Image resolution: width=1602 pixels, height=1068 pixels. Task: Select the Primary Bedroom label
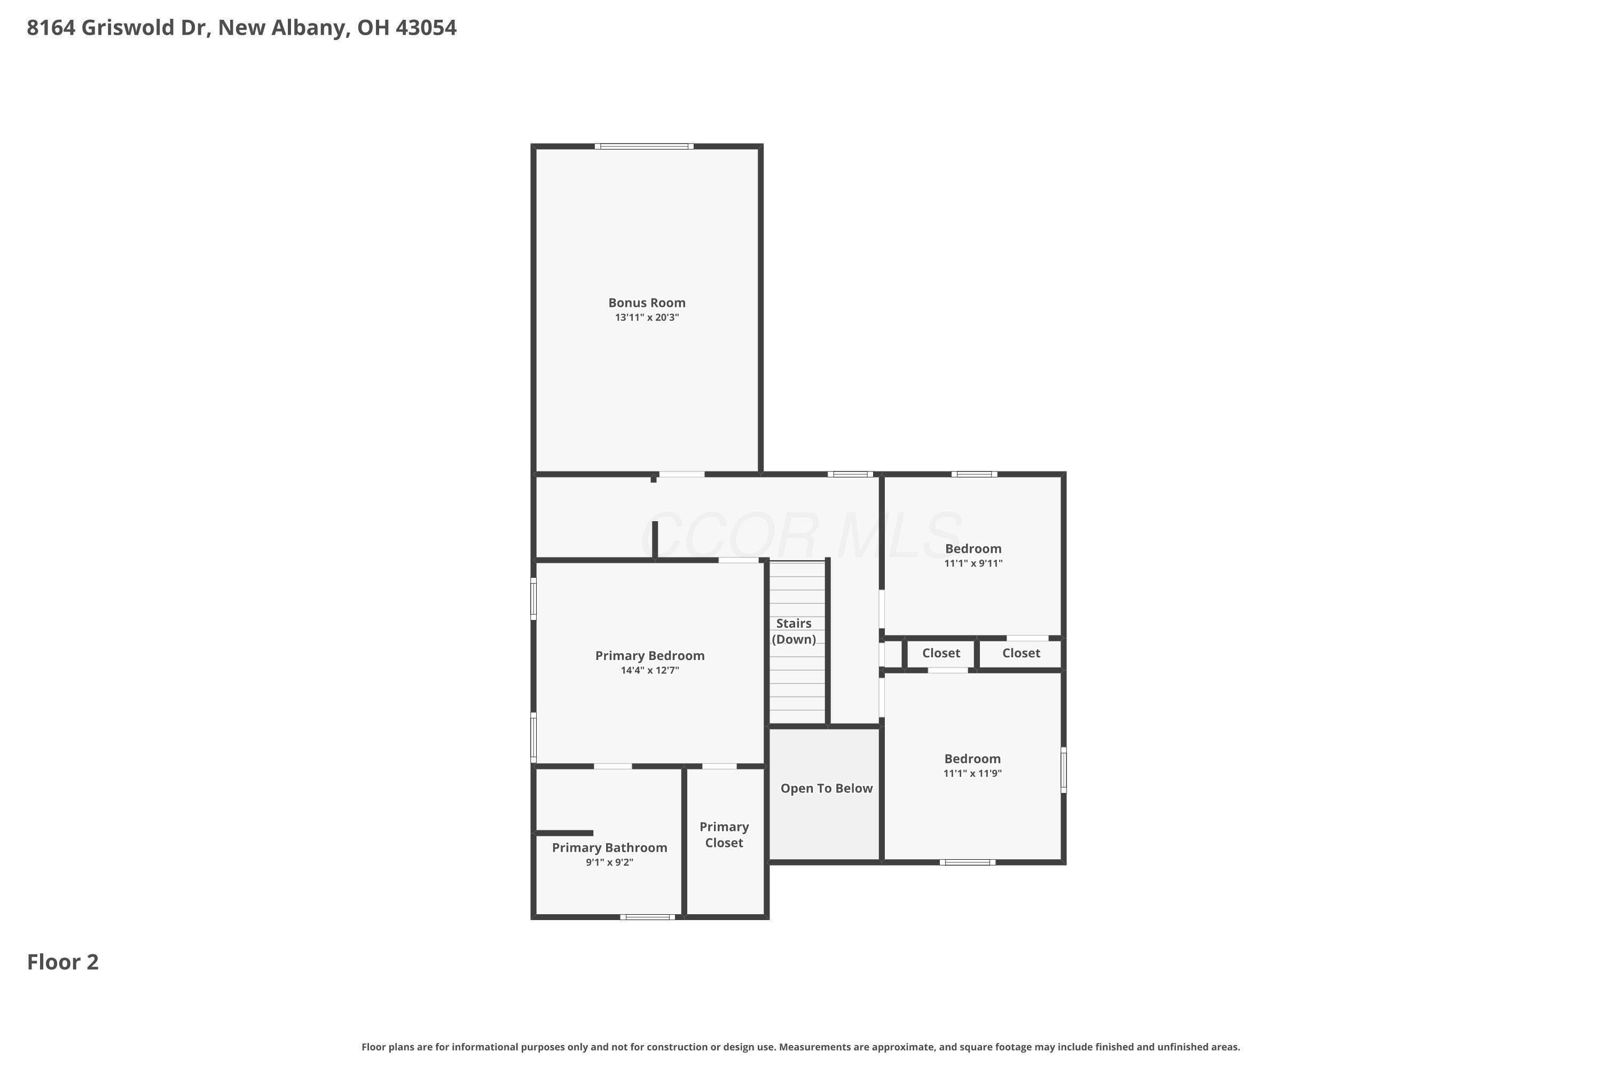(x=650, y=656)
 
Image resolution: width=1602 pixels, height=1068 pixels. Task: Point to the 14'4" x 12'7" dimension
(x=650, y=670)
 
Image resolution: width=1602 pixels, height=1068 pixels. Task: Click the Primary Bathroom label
(x=610, y=848)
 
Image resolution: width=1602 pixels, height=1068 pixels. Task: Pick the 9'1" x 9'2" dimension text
(x=610, y=862)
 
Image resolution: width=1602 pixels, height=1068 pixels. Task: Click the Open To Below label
(x=826, y=789)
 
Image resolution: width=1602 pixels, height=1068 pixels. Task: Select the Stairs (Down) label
(x=794, y=631)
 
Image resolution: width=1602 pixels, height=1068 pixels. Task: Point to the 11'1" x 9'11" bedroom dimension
(x=973, y=563)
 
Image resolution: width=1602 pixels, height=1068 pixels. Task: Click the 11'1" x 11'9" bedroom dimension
(x=972, y=773)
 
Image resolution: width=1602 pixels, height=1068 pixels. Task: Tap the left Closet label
(x=941, y=653)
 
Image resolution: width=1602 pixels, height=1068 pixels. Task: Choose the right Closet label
(x=1021, y=653)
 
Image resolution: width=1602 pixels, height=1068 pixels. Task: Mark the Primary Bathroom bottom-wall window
(x=647, y=917)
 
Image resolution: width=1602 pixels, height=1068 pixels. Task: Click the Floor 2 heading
(x=62, y=962)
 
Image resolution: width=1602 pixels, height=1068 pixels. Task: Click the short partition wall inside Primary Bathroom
(x=564, y=833)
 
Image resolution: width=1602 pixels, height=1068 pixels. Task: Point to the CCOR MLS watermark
(x=802, y=535)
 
